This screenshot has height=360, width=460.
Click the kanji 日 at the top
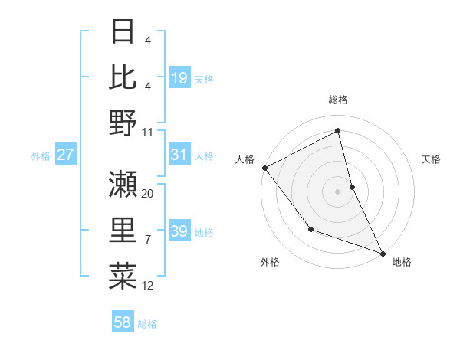(x=123, y=32)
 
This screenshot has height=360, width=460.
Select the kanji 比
(x=123, y=77)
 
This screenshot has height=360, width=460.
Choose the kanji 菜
(x=123, y=274)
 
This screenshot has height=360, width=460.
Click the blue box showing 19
(x=179, y=77)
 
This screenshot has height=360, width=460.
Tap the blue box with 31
(x=179, y=155)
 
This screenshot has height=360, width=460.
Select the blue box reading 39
(x=179, y=231)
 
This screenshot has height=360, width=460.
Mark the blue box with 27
(x=66, y=155)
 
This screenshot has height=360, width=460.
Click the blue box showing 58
(x=123, y=322)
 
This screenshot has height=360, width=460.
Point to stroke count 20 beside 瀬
(x=148, y=194)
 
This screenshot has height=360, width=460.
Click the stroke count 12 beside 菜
(x=148, y=286)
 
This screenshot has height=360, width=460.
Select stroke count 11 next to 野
(x=148, y=132)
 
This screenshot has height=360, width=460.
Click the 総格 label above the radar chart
(x=337, y=100)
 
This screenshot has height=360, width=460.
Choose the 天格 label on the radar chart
(x=431, y=159)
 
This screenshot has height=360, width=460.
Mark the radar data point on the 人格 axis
(x=264, y=168)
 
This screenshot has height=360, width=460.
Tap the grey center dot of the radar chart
(x=337, y=191)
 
